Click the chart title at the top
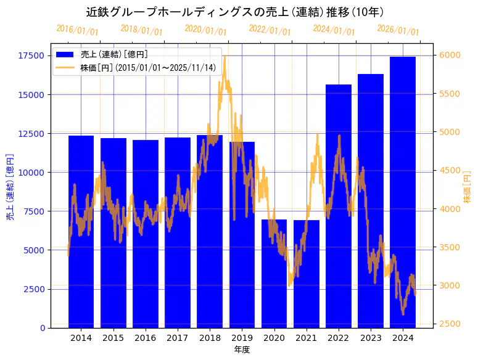239,12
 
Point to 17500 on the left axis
31,56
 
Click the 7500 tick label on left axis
34,211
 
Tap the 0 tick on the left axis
43,328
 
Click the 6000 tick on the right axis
450,55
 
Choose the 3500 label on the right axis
450,247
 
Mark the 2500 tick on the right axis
450,324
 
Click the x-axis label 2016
146,338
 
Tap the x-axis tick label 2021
307,338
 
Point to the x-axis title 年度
242,350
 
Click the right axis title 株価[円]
468,187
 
